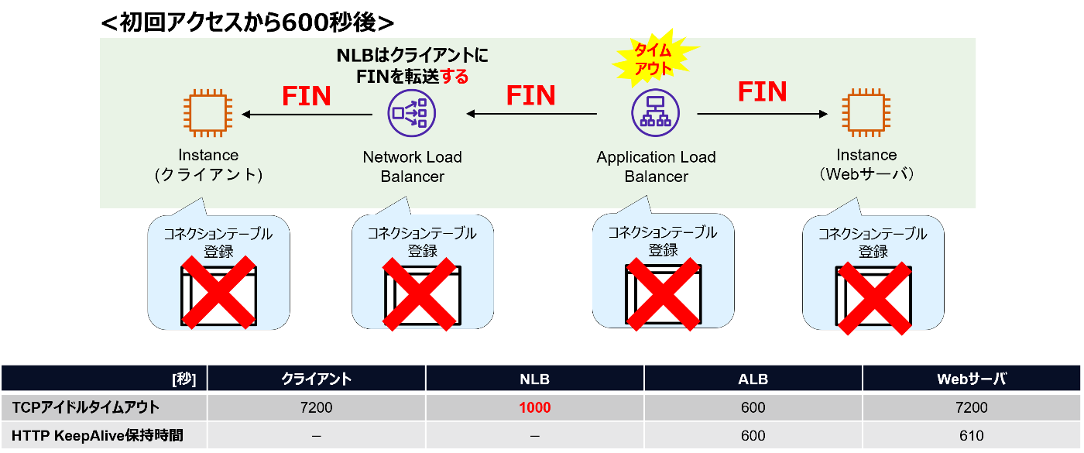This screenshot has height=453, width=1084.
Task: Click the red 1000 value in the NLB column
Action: point(534,407)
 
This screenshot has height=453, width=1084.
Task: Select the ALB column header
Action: point(753,379)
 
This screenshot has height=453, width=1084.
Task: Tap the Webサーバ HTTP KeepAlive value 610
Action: point(972,435)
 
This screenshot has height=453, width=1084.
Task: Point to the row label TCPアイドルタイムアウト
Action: point(85,407)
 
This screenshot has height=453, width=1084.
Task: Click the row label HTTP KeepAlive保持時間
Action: point(98,435)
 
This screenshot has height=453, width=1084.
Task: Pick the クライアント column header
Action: point(316,379)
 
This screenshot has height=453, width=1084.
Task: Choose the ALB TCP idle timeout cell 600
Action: point(753,407)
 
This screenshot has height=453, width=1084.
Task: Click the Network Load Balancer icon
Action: point(411,114)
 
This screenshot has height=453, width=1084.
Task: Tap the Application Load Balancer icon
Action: point(655,114)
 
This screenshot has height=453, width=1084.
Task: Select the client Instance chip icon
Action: point(208,114)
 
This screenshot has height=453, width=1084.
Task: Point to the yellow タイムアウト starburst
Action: point(654,59)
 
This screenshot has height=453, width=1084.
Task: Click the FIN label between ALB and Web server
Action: point(762,92)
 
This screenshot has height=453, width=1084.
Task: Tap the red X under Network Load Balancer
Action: point(419,294)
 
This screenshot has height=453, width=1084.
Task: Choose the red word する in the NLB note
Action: point(453,77)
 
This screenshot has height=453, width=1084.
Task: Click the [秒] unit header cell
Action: point(184,379)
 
